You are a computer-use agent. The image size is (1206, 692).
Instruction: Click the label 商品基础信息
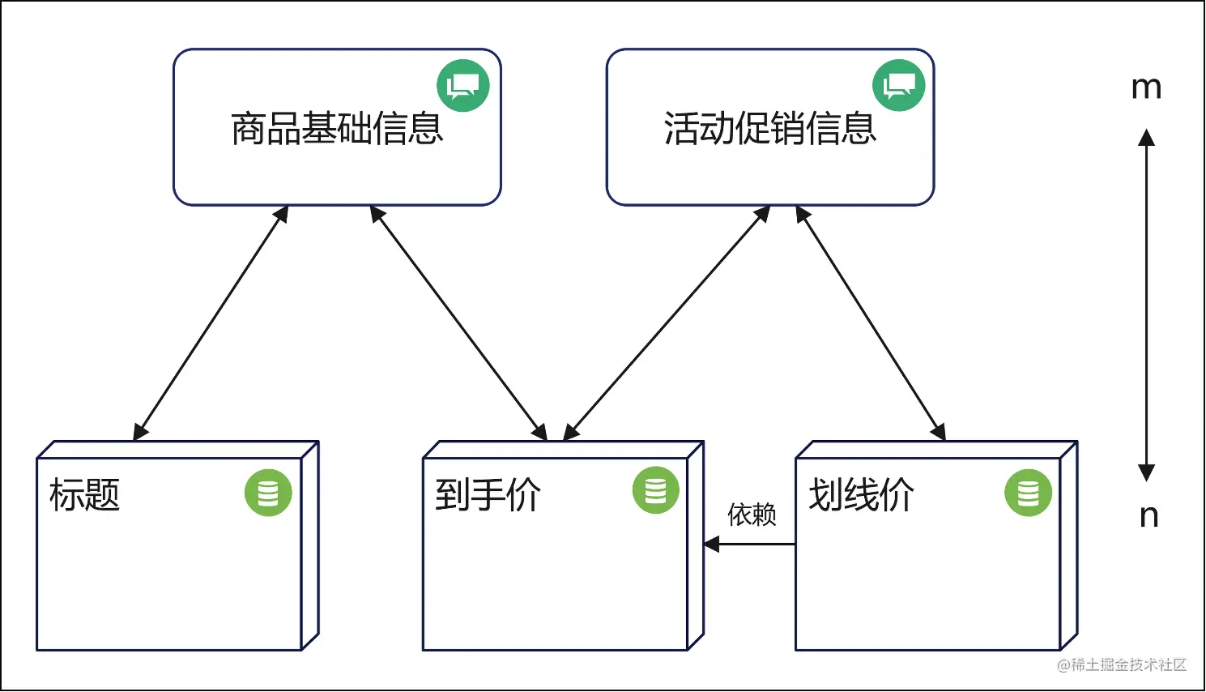337,129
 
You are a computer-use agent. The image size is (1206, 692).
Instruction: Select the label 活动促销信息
770,129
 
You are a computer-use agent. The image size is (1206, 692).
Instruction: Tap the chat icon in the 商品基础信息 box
463,85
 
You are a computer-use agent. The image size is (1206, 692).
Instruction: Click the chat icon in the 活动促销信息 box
898,85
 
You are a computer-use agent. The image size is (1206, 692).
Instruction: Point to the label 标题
84,494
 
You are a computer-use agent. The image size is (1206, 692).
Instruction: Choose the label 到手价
488,494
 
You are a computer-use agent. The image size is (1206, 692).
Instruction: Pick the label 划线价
861,494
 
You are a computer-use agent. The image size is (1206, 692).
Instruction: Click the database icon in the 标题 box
268,493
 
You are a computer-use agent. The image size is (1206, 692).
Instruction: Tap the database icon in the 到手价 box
655,490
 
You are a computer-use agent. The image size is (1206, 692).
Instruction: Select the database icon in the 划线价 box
1028,493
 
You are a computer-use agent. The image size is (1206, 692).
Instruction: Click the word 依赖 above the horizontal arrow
752,515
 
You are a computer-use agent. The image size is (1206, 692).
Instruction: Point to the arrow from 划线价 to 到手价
749,545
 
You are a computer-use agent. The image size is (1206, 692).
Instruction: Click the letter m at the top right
1146,88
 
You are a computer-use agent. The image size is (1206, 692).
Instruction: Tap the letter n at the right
1148,515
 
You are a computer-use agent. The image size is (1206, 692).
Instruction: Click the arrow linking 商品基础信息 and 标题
211,323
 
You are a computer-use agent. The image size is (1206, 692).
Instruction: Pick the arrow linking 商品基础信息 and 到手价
458,323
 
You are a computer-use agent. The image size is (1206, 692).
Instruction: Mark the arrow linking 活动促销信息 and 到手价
667,323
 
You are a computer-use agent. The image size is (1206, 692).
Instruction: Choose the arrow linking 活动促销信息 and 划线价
871,323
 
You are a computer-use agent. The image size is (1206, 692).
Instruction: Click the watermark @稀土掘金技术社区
1122,665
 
